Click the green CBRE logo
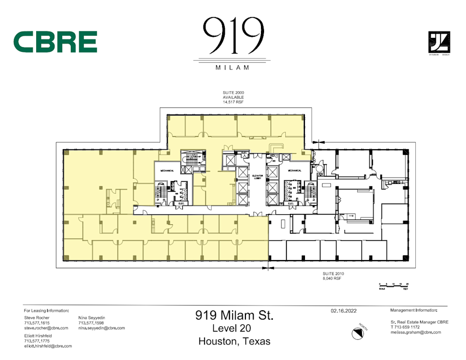(x=55, y=41)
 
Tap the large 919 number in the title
(x=232, y=36)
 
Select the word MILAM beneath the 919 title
(x=232, y=67)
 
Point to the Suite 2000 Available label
(x=233, y=95)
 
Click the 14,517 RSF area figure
(x=233, y=102)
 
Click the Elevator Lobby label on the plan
(x=258, y=177)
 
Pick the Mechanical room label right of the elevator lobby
(x=295, y=170)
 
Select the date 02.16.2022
(x=343, y=311)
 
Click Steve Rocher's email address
(x=46, y=328)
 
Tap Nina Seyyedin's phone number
(x=91, y=323)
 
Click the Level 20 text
(x=233, y=328)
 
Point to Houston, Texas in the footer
(x=234, y=341)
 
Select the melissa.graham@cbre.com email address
(x=416, y=332)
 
